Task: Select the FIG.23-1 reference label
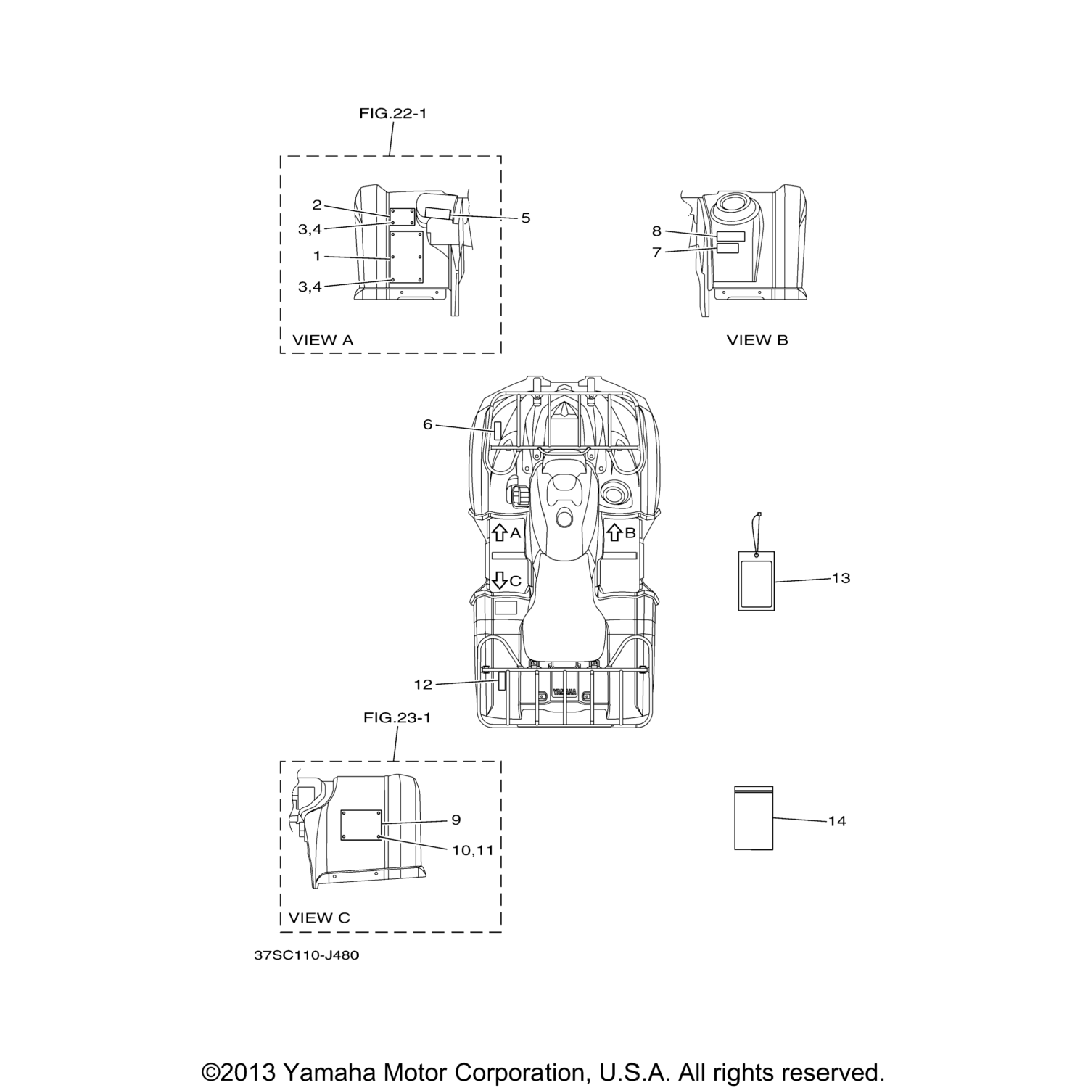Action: click(397, 718)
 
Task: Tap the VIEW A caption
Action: click(323, 339)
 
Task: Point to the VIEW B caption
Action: click(757, 339)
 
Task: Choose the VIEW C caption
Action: click(319, 918)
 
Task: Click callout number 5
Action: click(526, 218)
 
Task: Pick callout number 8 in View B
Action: click(656, 231)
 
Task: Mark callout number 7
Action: click(656, 253)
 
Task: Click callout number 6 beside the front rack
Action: click(428, 424)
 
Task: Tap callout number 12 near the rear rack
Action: click(423, 684)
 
